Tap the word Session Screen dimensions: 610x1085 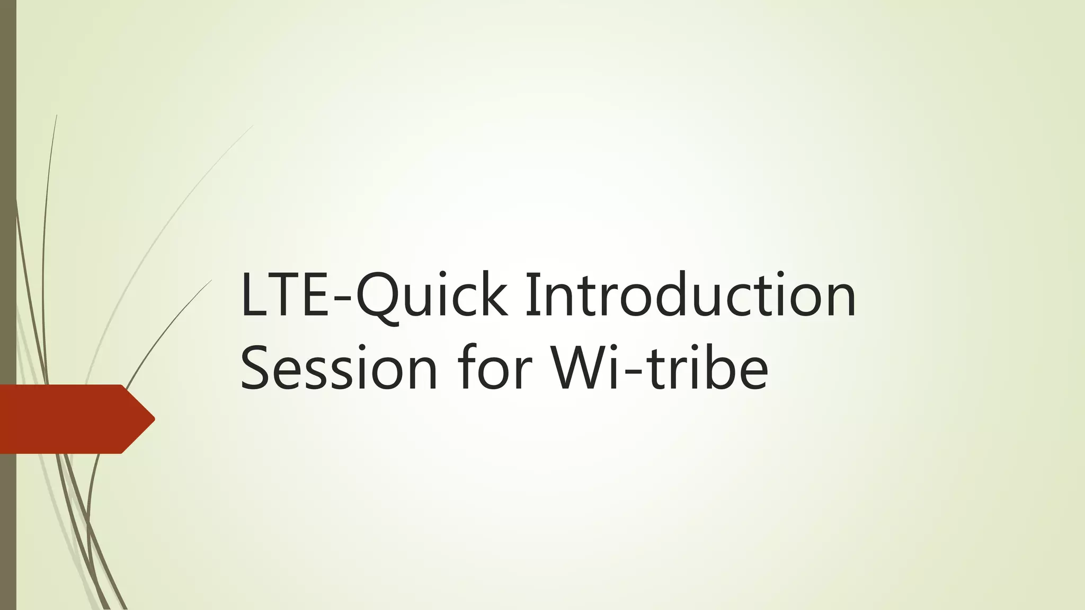click(339, 367)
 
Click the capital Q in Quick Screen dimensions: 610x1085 click(377, 297)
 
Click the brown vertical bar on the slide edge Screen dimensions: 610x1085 click(8, 212)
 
